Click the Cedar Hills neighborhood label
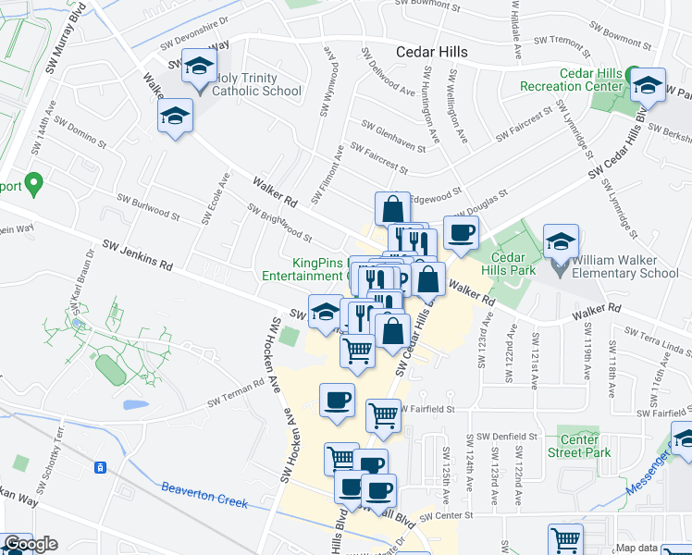tap(431, 52)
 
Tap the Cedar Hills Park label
tap(508, 264)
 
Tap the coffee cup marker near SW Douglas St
tap(461, 232)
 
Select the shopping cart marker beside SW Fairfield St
tap(383, 415)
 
